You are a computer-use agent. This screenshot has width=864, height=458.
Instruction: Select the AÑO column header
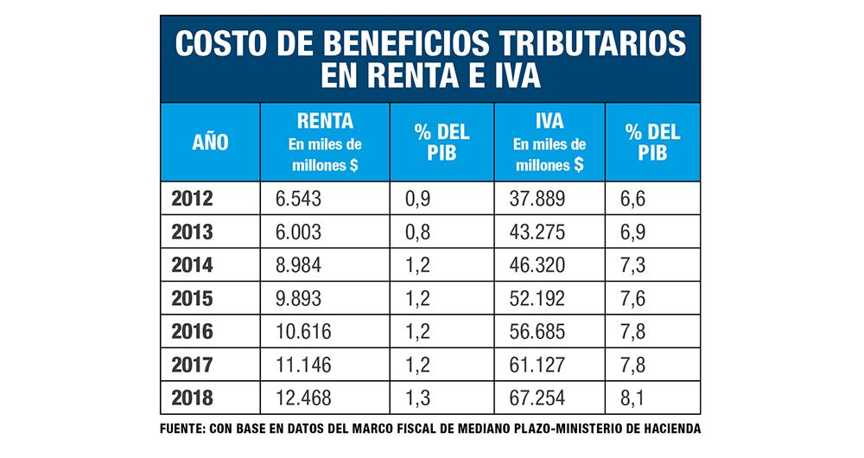coord(210,143)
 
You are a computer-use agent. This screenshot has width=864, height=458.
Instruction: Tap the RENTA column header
coord(325,121)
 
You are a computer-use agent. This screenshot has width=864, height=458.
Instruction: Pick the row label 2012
coord(192,200)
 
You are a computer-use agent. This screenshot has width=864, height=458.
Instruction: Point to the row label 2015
coord(192,298)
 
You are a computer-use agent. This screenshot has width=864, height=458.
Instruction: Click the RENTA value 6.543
coord(298,200)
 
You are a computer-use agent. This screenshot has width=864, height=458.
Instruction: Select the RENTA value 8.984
coord(298,265)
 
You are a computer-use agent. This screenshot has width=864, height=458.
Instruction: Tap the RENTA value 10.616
coord(303,331)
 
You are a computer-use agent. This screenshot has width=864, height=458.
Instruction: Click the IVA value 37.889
coord(538,200)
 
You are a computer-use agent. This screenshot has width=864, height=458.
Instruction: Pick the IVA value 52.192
coord(538,298)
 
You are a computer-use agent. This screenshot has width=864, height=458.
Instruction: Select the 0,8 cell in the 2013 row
coord(418,232)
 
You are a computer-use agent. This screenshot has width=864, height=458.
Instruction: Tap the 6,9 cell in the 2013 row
coord(633,232)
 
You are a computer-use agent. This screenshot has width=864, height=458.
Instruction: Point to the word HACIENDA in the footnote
coord(669,429)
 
